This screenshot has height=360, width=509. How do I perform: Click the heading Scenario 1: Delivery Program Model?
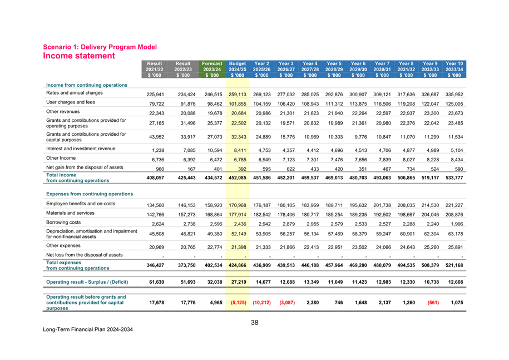100,47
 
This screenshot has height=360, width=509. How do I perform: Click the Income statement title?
78,56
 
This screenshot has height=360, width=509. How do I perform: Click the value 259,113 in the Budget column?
237,95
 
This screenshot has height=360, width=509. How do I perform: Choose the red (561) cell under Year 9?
429,304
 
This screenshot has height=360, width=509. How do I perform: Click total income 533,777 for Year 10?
454,177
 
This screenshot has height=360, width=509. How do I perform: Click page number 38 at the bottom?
255,323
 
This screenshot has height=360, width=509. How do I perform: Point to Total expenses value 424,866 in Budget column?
237,266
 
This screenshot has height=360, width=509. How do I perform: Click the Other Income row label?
61,158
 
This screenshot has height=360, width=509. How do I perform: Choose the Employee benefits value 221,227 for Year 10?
454,205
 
